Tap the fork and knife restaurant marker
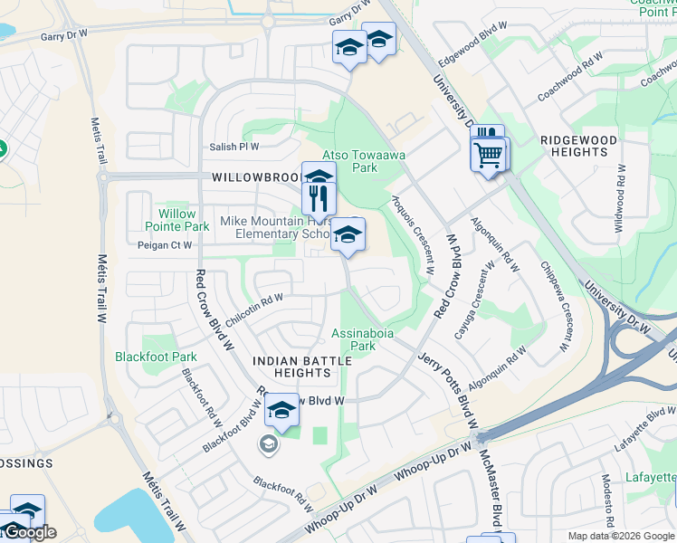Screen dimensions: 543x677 [x=319, y=197]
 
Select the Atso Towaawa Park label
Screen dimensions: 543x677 [x=365, y=161]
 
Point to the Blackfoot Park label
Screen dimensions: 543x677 [x=156, y=357]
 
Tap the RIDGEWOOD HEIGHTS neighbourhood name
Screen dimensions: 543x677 [x=578, y=147]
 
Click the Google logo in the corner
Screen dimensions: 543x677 [x=29, y=532]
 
